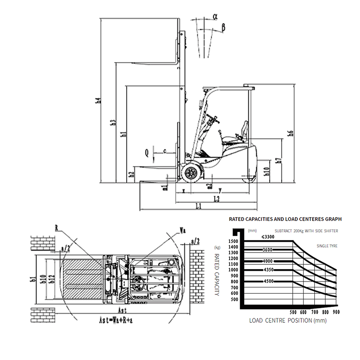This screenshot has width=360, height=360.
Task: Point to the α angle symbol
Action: [215, 16]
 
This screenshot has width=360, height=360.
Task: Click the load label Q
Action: [147, 153]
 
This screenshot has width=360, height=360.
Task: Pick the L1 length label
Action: [198, 206]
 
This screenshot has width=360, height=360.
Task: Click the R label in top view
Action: [57, 228]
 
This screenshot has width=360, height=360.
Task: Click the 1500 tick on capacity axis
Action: [233, 241]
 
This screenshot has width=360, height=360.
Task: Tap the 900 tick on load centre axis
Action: [336, 312]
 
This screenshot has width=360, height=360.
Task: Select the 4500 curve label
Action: [268, 282]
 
